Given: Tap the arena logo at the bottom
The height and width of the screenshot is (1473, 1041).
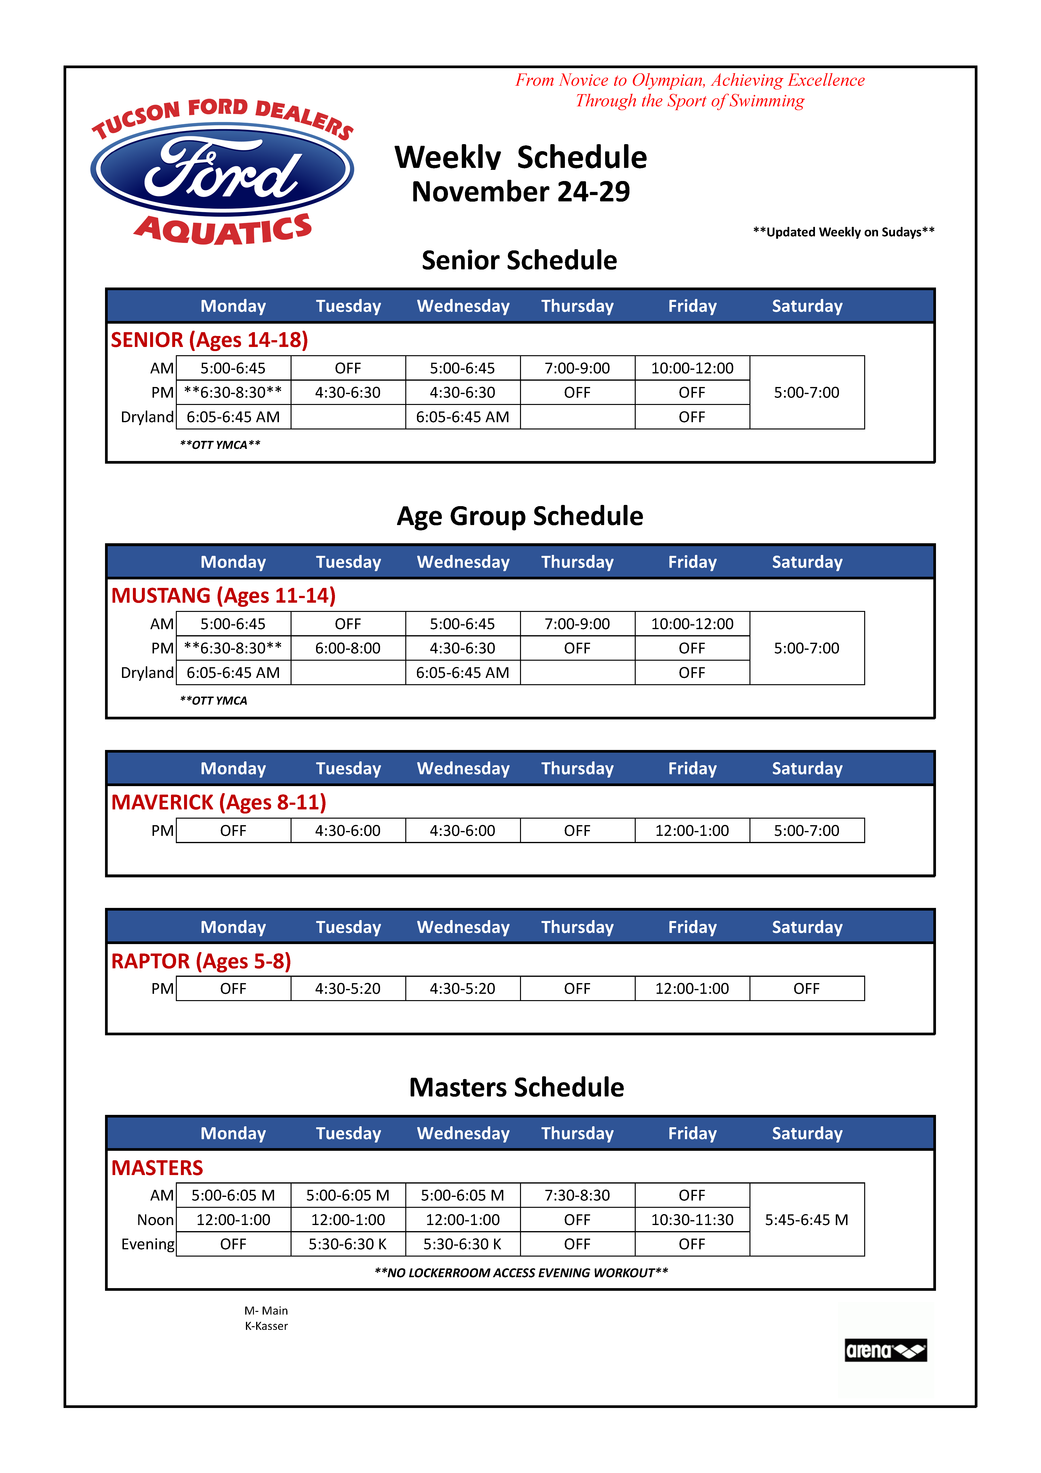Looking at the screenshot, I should pos(885,1350).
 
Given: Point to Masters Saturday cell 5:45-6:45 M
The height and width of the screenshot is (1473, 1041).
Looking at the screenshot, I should pos(806,1220).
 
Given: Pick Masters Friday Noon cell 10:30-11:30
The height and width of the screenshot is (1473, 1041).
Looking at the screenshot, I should pos(692,1220).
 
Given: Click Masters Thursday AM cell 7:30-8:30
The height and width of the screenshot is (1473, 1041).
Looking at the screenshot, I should pos(577,1195).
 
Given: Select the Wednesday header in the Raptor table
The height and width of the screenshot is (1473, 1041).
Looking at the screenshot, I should pos(463,927).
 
